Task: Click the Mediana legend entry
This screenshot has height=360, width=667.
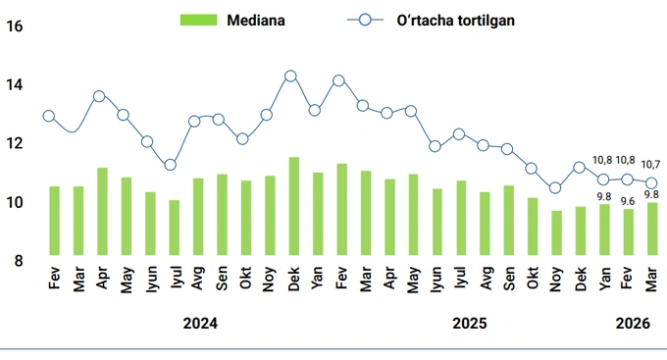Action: (x=232, y=20)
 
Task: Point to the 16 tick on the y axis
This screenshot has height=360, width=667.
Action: (x=15, y=26)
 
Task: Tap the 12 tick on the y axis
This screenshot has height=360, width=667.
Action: (x=15, y=143)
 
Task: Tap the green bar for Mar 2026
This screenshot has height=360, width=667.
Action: (x=652, y=231)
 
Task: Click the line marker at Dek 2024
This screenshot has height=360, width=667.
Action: (x=290, y=76)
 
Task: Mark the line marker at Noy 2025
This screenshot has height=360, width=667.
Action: (x=555, y=188)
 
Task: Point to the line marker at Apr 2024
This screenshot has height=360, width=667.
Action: (x=99, y=96)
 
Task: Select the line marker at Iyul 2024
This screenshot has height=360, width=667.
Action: (x=171, y=165)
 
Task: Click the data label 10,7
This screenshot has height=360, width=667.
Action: (x=651, y=164)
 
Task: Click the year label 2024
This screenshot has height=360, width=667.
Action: (x=200, y=323)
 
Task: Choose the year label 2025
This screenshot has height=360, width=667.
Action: (x=470, y=323)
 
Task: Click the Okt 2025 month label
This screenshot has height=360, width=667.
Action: (x=533, y=281)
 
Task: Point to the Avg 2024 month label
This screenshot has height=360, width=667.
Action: (x=198, y=281)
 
